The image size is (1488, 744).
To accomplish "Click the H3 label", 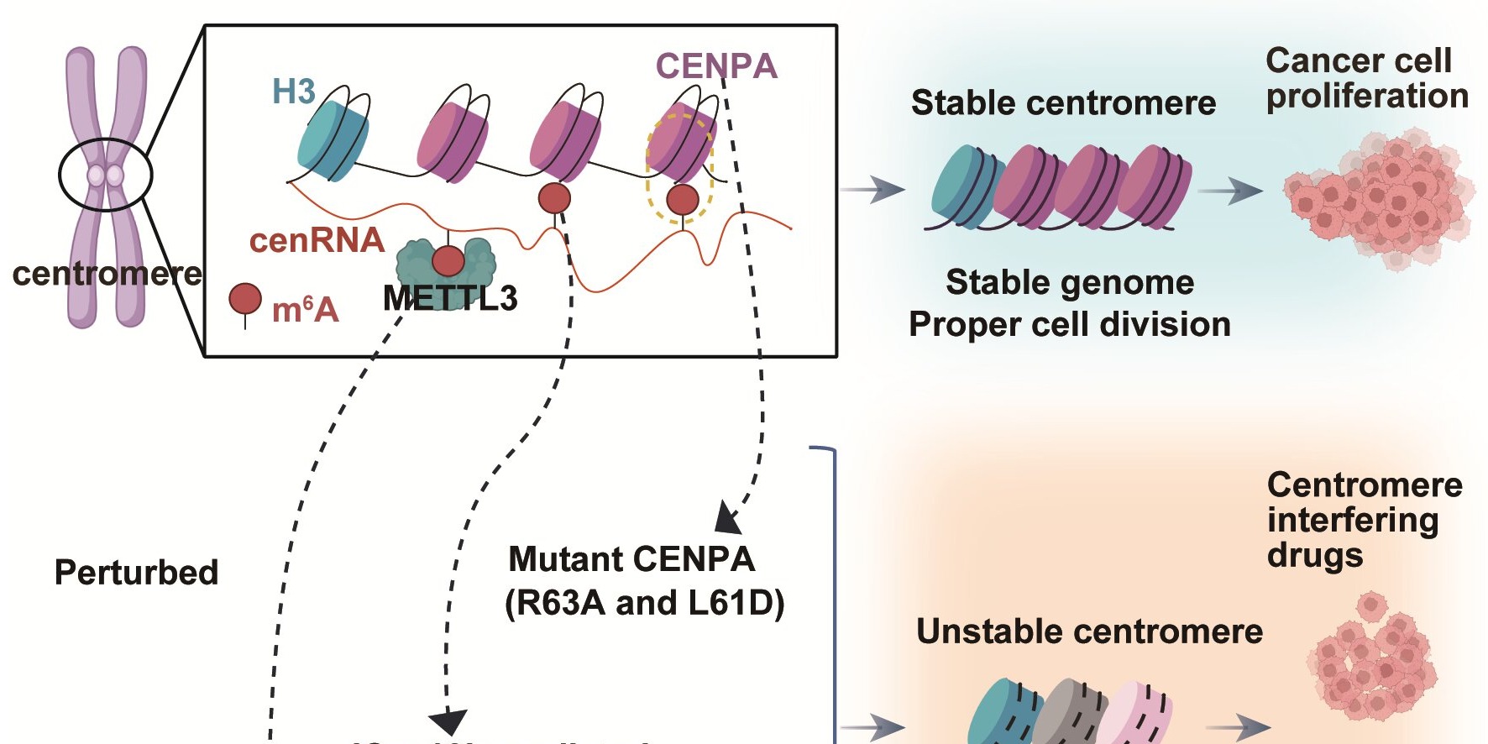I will point(293,92).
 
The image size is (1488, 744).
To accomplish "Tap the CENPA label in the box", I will point(716,66).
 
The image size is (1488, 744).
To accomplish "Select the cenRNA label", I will point(317,241).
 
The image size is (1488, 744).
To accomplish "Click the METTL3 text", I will point(450,299).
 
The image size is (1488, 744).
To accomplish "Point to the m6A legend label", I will point(305,311).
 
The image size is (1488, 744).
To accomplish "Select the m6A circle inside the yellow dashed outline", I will point(682,200).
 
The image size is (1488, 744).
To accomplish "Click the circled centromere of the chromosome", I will point(106,176).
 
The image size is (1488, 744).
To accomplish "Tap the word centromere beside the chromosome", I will point(107,274).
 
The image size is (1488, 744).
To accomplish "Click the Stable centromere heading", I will point(1063,103).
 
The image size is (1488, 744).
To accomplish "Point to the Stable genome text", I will point(1069,282).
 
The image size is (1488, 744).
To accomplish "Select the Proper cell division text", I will point(1069,325).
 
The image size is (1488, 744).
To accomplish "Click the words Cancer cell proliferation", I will point(1365,78).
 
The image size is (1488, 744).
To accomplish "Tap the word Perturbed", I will point(136,573).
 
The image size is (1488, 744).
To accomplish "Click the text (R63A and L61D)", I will point(644,603).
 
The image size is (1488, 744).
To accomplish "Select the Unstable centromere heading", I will point(1089,631).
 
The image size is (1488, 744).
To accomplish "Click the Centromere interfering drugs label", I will point(1364,520).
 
